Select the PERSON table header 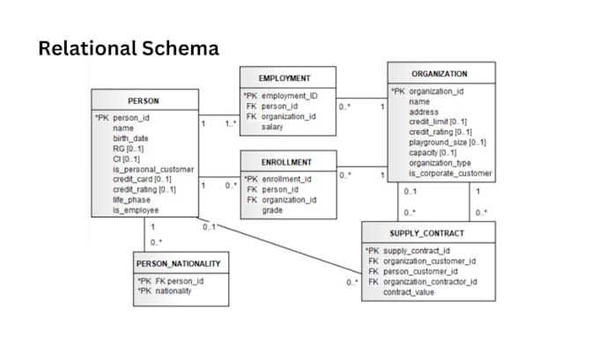click(144, 100)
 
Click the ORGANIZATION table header click(440, 74)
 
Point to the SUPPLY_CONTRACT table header click(428, 232)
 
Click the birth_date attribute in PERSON click(130, 138)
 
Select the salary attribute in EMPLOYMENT click(272, 127)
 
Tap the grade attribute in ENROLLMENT click(272, 210)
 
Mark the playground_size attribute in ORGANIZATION click(447, 142)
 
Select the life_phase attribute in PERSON click(131, 200)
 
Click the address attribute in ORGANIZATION click(424, 112)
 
